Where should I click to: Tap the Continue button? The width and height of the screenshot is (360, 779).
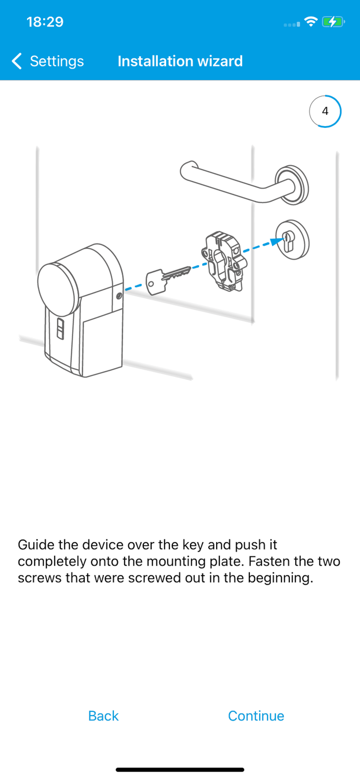pos(256,716)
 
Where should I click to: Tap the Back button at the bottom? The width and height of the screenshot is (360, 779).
pos(103,716)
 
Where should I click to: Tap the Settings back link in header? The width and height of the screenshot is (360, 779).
pos(56,61)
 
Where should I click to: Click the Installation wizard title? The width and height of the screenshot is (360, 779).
pos(180,61)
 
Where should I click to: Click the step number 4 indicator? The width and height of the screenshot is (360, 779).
pos(325,111)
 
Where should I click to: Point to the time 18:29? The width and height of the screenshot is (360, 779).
pos(45,22)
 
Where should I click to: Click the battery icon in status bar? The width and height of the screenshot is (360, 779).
pos(332,22)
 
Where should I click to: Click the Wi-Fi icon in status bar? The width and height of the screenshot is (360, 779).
pos(311,22)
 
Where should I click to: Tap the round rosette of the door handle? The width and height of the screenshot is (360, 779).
pos(292,184)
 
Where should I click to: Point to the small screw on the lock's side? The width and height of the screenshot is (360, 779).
pos(119,296)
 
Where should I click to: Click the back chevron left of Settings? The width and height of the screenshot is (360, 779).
pos(17,61)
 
